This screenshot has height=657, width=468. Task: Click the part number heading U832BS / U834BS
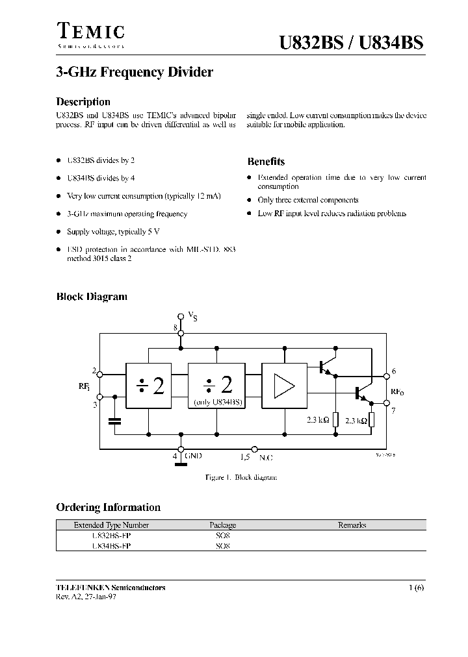[x=350, y=42]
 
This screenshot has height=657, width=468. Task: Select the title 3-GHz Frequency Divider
[x=135, y=73]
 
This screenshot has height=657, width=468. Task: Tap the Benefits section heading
[x=266, y=162]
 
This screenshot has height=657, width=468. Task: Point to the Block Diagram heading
[x=92, y=297]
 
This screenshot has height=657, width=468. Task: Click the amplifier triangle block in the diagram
[x=283, y=386]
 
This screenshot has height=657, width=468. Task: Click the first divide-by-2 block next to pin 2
[x=149, y=386]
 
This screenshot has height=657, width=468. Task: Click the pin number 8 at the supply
[x=175, y=328]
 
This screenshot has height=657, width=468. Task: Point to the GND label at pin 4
[x=193, y=457]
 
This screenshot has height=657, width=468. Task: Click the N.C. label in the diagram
[x=266, y=458]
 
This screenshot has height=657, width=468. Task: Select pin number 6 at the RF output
[x=394, y=372]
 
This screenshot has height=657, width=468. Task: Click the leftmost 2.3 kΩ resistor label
[x=318, y=420]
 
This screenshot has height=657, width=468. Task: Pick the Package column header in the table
[x=223, y=525]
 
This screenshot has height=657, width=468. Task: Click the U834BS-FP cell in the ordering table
[x=112, y=546]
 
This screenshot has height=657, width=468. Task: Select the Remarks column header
[x=352, y=525]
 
